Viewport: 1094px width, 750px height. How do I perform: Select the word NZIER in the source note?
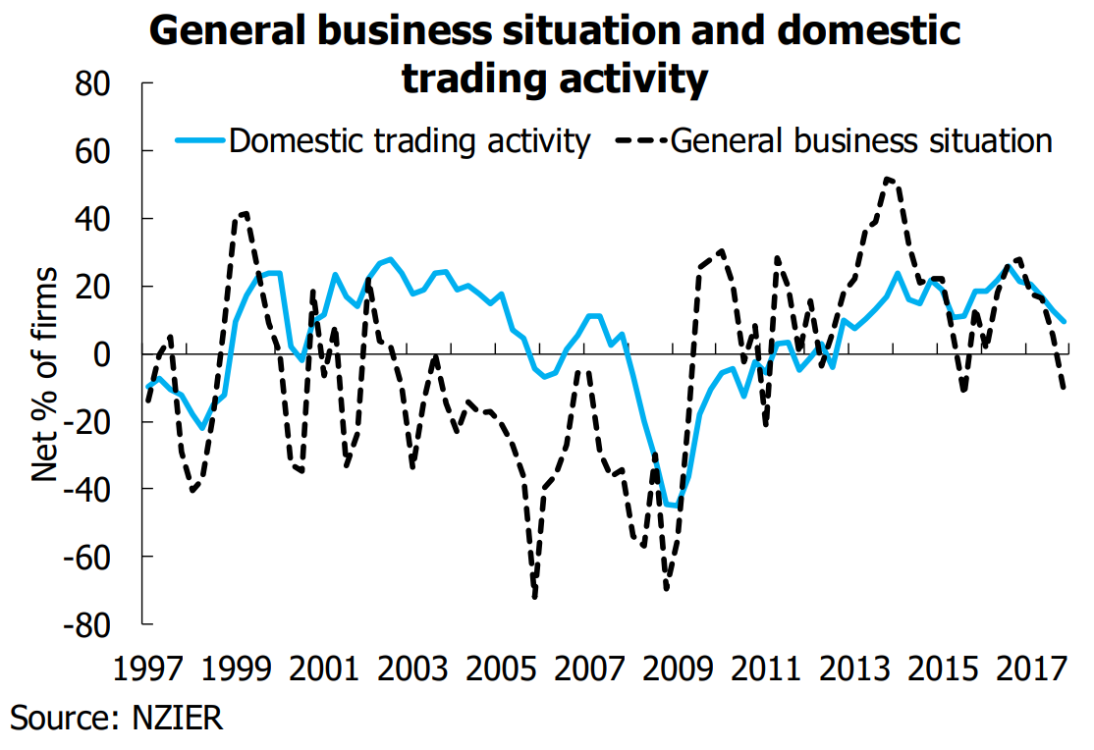[x=178, y=718]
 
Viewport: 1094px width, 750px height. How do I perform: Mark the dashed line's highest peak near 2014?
[x=887, y=179]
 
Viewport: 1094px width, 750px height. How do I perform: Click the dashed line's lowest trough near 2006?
[x=535, y=596]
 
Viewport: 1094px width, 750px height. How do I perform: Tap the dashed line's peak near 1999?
[x=243, y=212]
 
